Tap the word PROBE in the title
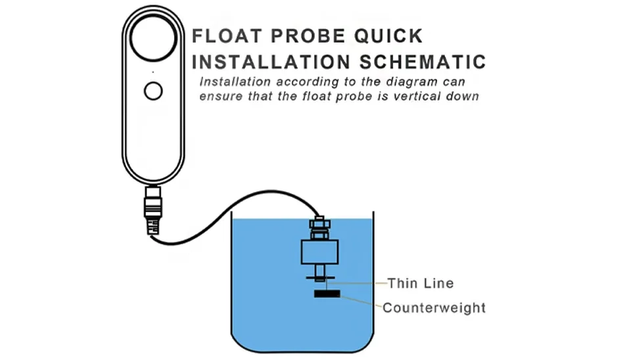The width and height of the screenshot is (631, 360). point(308,35)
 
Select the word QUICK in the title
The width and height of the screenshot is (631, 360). point(388,35)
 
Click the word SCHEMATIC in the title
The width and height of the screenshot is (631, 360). point(423,62)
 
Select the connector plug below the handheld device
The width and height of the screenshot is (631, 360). point(153,210)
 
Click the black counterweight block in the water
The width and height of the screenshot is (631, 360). point(327,294)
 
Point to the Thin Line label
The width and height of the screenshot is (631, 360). point(421,283)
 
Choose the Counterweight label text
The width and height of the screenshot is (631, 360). point(434,307)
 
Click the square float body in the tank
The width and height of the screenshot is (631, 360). point(320,252)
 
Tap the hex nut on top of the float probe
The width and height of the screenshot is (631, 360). point(320,224)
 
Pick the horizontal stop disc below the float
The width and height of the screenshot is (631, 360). point(320,277)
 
